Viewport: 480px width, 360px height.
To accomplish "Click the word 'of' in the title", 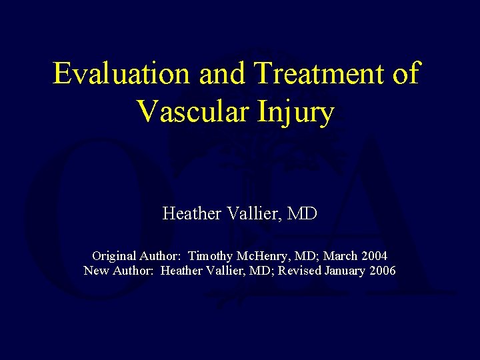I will click(406, 73).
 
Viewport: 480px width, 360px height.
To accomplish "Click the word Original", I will click(114, 256).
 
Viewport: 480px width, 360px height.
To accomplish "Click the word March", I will click(342, 256).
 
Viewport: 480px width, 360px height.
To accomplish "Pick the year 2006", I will click(383, 271).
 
